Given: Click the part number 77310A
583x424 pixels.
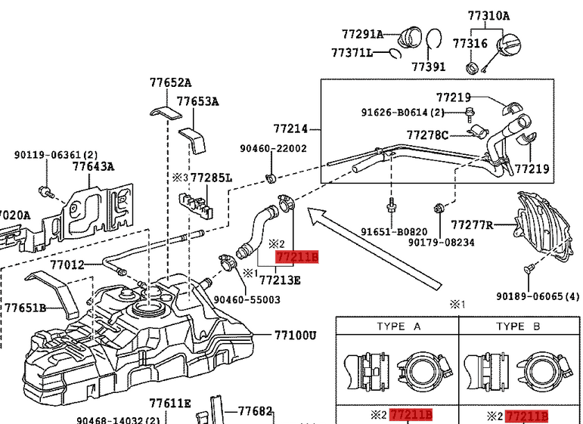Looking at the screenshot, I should click(488, 15).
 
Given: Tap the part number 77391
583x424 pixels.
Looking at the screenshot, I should click(429, 67).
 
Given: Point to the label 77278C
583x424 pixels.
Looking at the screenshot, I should click(427, 135).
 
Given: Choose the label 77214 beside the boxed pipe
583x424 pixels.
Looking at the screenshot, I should click(291, 129).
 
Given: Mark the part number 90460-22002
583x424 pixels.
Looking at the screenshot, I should click(274, 149).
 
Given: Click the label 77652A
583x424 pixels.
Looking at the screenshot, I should click(170, 83).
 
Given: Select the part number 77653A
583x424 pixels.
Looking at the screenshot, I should click(198, 101).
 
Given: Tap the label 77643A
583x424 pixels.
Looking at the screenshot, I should click(93, 167).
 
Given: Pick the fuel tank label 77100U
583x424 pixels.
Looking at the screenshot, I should click(295, 335).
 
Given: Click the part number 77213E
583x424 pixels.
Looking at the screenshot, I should click(280, 280).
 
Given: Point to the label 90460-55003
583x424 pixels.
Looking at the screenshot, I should click(247, 299).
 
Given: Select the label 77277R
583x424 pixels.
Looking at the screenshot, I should click(472, 225).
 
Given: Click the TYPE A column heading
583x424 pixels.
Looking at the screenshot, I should click(398, 327).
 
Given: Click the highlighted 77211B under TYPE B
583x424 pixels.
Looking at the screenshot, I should click(526, 416).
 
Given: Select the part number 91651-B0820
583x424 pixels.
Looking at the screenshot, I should click(393, 232).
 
